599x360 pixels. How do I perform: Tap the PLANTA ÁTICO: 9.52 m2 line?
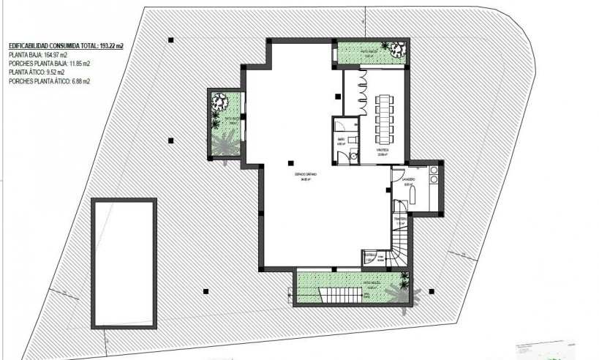pos(37,72)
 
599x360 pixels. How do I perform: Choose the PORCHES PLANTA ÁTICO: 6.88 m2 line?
pos(48,81)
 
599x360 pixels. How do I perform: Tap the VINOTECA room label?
pos(383,150)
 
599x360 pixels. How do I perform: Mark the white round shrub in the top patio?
pos(397,50)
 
